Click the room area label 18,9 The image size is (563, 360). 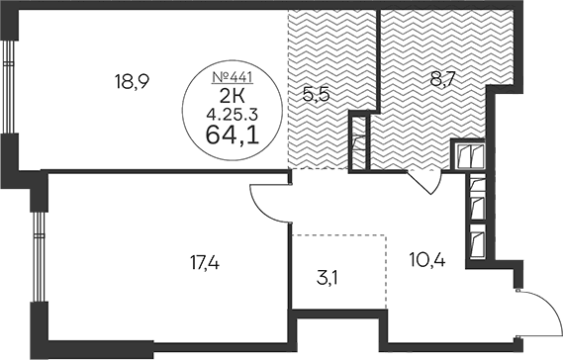[x=132, y=81]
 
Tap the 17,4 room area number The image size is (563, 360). [x=205, y=264]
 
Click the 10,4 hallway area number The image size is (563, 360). [x=427, y=259]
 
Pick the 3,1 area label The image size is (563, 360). [x=328, y=278]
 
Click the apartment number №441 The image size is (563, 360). [x=233, y=77]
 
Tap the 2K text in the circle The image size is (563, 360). [x=232, y=96]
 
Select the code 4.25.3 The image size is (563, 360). [x=233, y=115]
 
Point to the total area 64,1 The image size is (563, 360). [x=233, y=135]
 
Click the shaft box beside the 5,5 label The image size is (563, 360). [x=359, y=142]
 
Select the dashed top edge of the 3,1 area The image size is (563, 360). [x=339, y=235]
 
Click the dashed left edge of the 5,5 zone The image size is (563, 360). [x=288, y=89]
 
